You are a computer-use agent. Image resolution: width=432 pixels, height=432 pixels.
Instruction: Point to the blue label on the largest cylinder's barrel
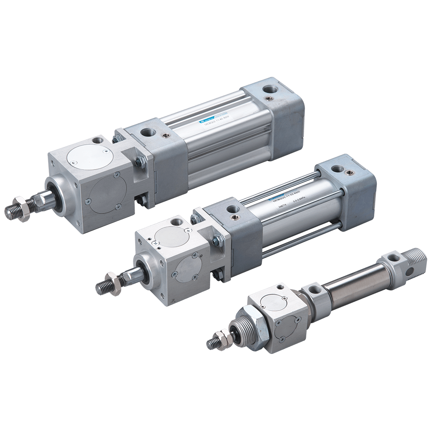(x=211, y=120)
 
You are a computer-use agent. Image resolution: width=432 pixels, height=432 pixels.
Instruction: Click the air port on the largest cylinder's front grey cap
(x=146, y=132)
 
